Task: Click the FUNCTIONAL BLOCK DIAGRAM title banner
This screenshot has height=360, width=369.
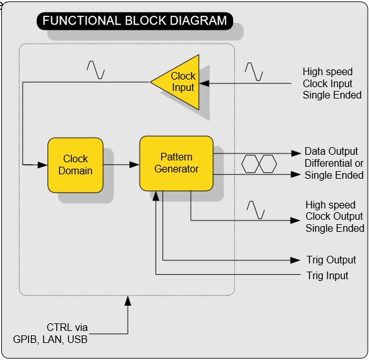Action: pos(135,21)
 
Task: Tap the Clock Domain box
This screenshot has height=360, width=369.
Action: pos(75,165)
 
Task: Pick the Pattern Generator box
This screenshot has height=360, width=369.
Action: pos(176,164)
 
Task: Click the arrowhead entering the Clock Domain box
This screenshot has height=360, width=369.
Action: pos(42,165)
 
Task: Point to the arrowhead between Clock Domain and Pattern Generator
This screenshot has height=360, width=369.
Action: pos(135,164)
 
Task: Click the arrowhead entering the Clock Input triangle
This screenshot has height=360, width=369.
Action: pos(204,83)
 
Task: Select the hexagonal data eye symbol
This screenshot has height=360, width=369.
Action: pos(259,164)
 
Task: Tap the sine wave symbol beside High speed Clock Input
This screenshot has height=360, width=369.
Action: pos(254,71)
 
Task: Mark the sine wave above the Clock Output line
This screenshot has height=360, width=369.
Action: pos(256,210)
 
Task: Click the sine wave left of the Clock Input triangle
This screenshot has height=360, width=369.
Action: pos(96,69)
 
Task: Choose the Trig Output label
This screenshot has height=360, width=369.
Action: pos(331,260)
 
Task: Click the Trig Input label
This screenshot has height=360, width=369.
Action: pos(327,275)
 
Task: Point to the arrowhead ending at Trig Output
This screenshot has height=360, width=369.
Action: pos(295,260)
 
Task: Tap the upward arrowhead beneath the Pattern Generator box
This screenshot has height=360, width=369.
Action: pos(155,196)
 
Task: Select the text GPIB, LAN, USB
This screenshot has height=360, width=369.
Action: pos(50,339)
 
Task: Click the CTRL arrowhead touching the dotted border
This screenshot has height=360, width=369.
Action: pos(128,301)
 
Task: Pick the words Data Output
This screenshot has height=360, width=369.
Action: pos(331,152)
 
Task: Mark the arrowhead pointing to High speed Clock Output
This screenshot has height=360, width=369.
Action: pos(295,220)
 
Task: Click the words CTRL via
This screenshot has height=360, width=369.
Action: pos(67,327)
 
